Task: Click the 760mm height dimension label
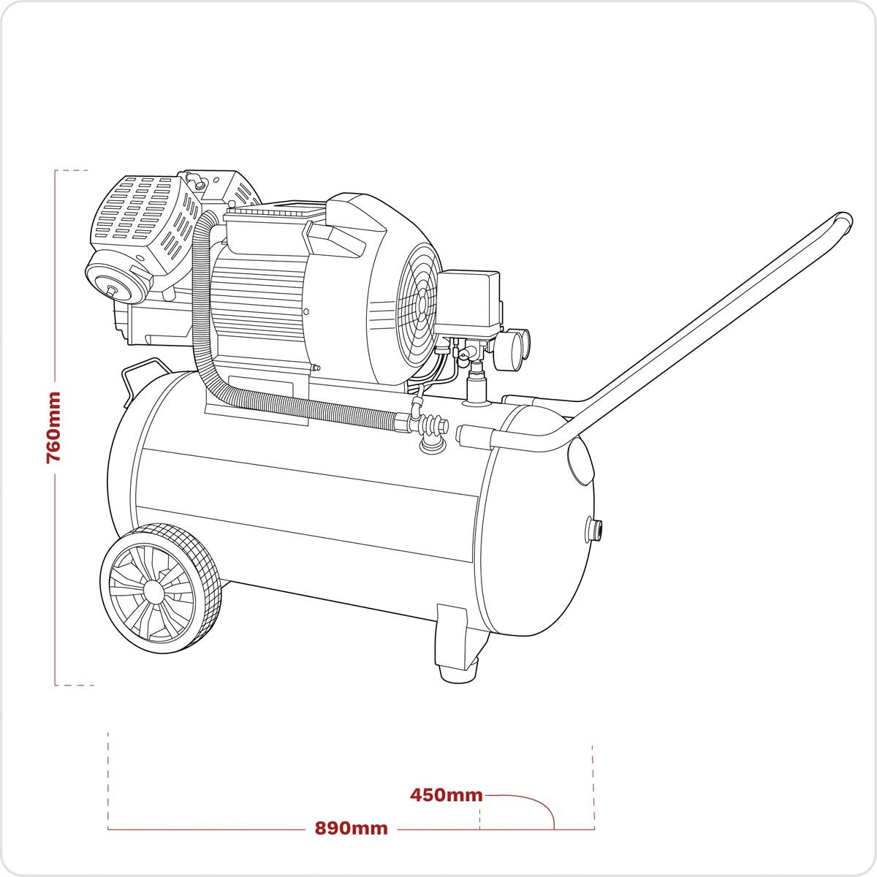click(x=53, y=428)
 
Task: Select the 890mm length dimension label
click(x=351, y=828)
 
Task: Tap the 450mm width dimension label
click(x=446, y=794)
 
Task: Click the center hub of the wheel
click(x=154, y=589)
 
